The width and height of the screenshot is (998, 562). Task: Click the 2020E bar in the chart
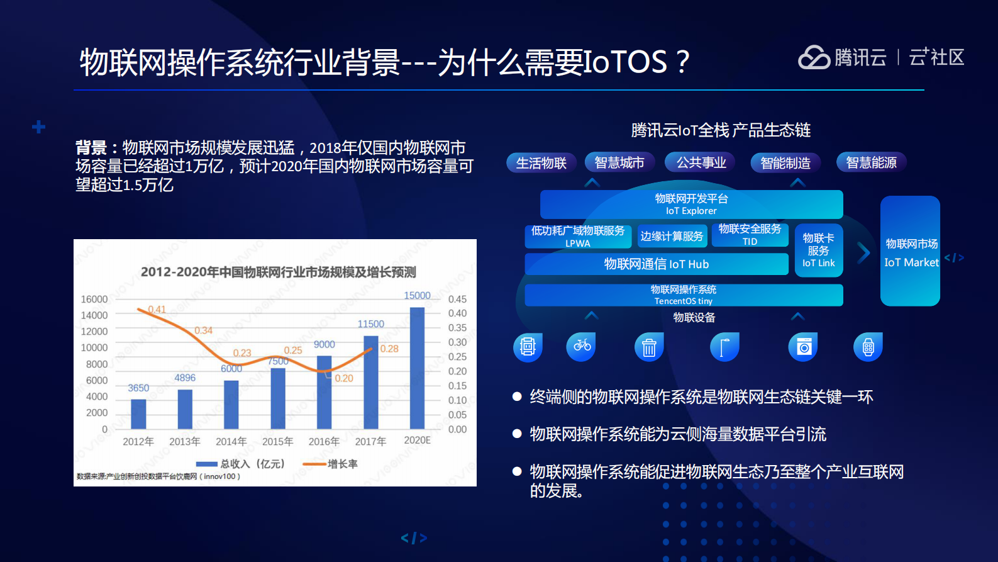417,368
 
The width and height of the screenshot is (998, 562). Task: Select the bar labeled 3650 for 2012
138,414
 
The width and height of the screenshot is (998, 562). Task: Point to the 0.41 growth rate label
157,309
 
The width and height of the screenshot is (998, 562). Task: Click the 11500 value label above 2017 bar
370,323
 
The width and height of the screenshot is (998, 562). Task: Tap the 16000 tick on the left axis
94,299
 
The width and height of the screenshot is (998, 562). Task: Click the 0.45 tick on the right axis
457,299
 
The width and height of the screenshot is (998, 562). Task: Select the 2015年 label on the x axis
277,441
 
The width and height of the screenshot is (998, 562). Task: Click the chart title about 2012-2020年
278,272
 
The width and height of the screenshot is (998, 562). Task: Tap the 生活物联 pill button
541,163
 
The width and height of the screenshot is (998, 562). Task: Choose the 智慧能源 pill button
871,162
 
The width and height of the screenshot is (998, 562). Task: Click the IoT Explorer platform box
691,205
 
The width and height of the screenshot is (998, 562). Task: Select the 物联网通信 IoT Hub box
656,264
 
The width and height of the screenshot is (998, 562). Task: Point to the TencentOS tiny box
684,295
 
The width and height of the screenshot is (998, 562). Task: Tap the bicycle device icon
581,346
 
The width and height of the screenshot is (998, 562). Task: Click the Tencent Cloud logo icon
814,57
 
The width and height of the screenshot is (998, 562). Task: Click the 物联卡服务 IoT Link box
818,250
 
